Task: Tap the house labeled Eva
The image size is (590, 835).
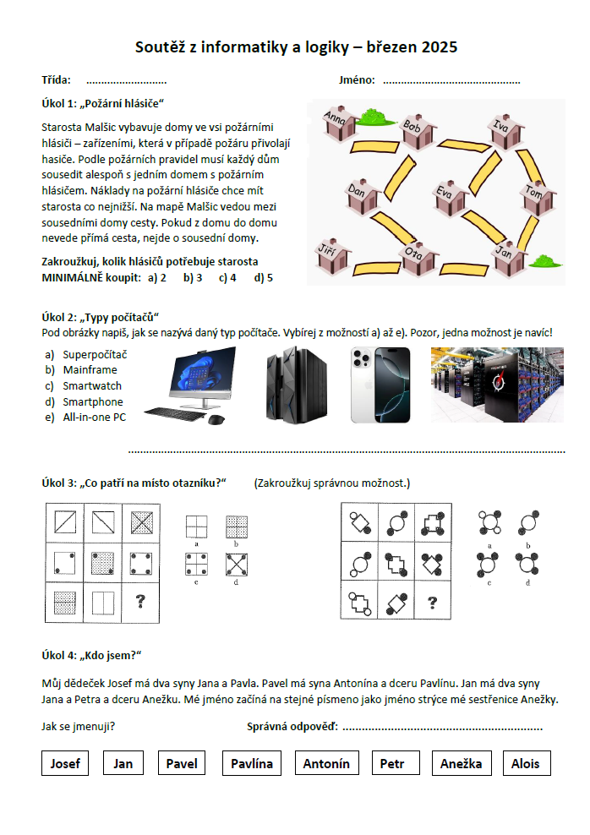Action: pos(451,199)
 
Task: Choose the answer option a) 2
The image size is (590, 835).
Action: pos(156,277)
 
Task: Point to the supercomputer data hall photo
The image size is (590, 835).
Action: pos(496,385)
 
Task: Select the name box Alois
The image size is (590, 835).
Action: pos(525,763)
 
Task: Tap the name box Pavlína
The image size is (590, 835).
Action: pos(252,763)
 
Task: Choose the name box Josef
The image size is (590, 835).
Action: pos(65,763)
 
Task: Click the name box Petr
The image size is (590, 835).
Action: pos(391,763)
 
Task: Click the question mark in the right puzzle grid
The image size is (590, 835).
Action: pos(432,603)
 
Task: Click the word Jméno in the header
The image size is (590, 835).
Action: pos(357,80)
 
